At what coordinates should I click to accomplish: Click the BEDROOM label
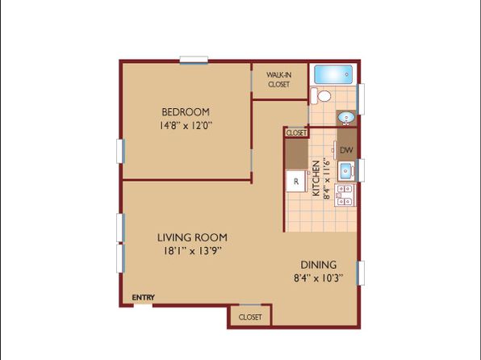pyautogui.click(x=186, y=111)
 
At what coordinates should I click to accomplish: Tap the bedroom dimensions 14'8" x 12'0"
pyautogui.click(x=186, y=125)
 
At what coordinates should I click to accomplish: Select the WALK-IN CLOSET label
pyautogui.click(x=279, y=79)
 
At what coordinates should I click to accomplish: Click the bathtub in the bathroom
pyautogui.click(x=333, y=74)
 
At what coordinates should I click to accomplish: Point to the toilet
pyautogui.click(x=321, y=96)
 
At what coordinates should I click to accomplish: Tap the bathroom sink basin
pyautogui.click(x=346, y=118)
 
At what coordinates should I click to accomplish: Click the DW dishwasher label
pyautogui.click(x=346, y=150)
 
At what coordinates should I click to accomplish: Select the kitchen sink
pyautogui.click(x=346, y=170)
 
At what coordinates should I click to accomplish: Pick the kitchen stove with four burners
pyautogui.click(x=345, y=195)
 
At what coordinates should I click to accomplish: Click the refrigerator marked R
pyautogui.click(x=296, y=181)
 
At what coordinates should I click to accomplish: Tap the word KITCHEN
pyautogui.click(x=316, y=178)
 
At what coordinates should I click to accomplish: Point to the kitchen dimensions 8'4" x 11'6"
pyautogui.click(x=326, y=178)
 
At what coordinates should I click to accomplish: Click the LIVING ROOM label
pyautogui.click(x=192, y=237)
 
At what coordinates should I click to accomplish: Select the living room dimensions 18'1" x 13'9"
pyautogui.click(x=192, y=251)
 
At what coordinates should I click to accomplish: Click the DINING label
pyautogui.click(x=319, y=265)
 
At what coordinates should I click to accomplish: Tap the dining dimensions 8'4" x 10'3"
pyautogui.click(x=319, y=278)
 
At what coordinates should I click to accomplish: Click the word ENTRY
pyautogui.click(x=144, y=297)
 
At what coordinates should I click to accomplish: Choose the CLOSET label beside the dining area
pyautogui.click(x=250, y=317)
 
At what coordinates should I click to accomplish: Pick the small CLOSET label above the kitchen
pyautogui.click(x=296, y=133)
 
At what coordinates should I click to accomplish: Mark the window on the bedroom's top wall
pyautogui.click(x=194, y=60)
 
